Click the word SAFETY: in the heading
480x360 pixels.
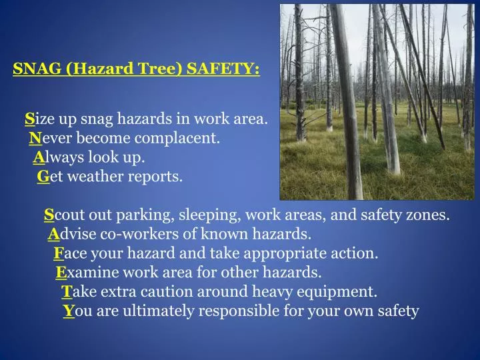point(223,69)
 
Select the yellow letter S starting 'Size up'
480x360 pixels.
point(29,119)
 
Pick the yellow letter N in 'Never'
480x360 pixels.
point(35,139)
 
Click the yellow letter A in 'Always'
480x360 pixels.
point(38,158)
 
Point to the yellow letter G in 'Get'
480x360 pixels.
point(43,177)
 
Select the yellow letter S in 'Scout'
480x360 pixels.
point(49,215)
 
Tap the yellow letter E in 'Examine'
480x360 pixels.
point(61,273)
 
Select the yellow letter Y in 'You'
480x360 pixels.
point(69,311)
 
